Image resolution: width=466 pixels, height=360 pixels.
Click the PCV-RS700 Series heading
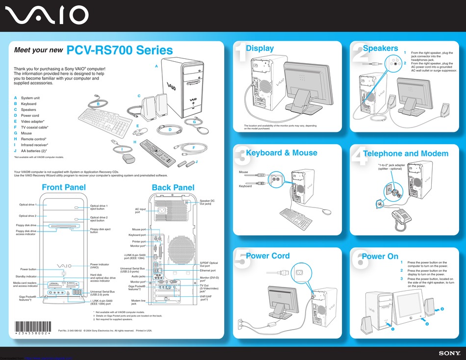pos(120,50)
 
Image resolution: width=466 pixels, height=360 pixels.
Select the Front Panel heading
pos(64,187)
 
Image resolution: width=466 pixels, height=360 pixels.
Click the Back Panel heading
pos(173,187)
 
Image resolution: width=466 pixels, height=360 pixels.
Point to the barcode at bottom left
pos(32,327)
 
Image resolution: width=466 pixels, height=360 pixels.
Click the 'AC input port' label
pos(140,210)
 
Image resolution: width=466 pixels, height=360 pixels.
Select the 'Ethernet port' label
pos(207,270)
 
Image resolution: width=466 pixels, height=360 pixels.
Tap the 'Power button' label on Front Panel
pos(28,269)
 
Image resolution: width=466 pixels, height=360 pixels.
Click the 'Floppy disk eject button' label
pos(100,230)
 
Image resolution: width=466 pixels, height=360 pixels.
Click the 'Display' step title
pos(259,48)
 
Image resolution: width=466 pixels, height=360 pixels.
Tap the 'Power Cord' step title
pos(267,256)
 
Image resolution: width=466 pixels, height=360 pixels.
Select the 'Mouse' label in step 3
pos(243,172)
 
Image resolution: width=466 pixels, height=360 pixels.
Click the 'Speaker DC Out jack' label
pos(207,202)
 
